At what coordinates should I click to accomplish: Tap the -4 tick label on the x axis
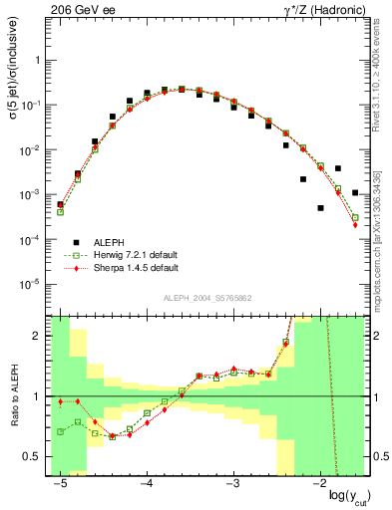point(146,483)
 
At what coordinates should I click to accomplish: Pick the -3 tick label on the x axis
point(232,483)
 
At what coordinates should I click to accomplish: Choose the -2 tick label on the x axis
point(319,483)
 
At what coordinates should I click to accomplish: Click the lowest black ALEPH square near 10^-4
point(320,208)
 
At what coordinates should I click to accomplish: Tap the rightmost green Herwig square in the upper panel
point(355,217)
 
